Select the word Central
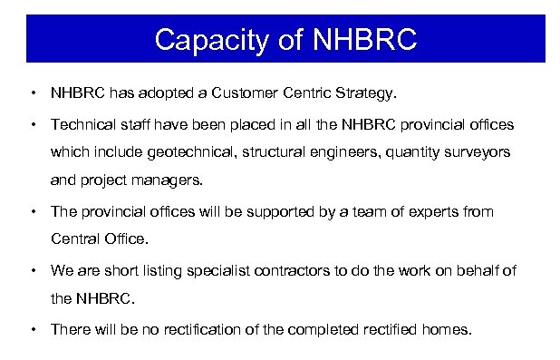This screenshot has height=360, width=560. [74, 239]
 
